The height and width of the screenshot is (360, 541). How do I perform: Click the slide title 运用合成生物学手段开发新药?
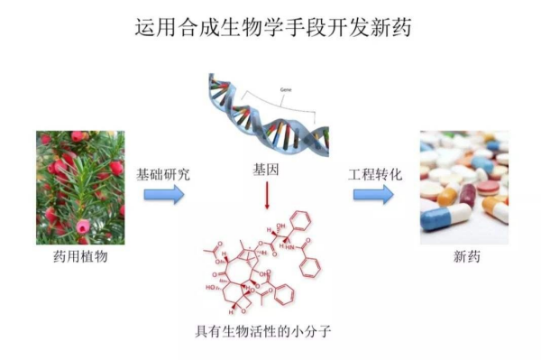(x=271, y=28)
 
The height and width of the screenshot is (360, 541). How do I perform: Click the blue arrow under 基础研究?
(x=163, y=194)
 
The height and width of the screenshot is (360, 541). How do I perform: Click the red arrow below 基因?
(x=268, y=200)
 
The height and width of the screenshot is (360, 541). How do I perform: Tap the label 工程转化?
(x=371, y=172)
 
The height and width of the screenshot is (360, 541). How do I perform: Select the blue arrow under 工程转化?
(x=372, y=194)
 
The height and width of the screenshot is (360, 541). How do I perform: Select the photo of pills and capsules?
(x=465, y=187)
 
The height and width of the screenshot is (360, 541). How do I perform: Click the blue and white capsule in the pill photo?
(x=448, y=217)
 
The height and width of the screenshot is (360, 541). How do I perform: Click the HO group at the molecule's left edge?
(x=211, y=288)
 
